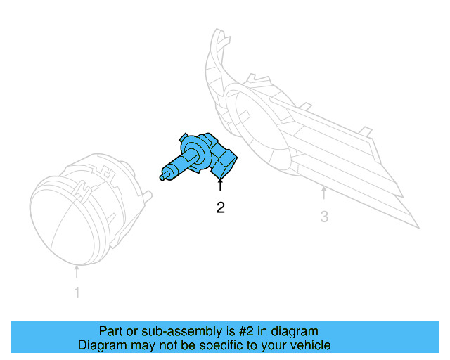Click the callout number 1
point(77,293)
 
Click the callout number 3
point(324,217)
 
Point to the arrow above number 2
point(221,186)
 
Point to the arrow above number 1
point(77,271)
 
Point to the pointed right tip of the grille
point(418,227)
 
